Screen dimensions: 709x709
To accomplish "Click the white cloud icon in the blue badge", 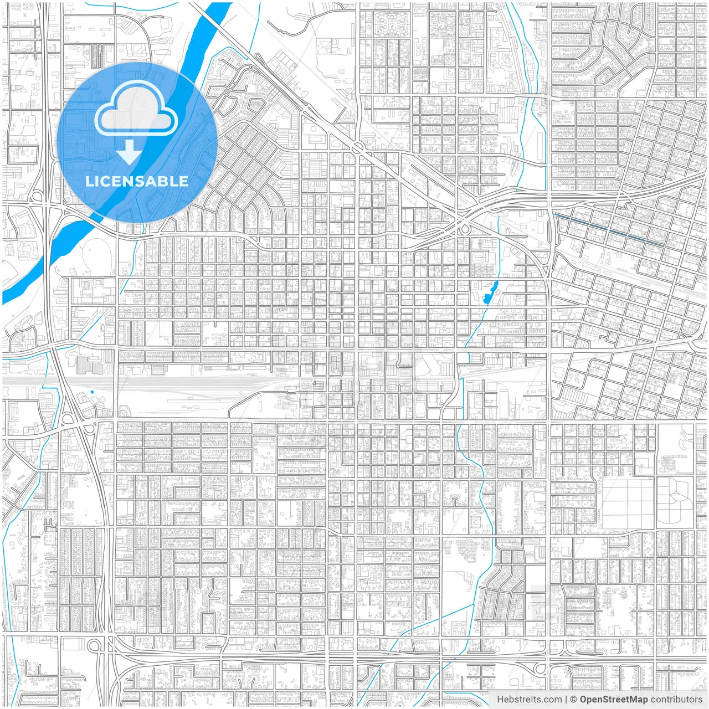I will pos(136,111).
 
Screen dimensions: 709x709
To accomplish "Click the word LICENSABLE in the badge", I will pos(137,181).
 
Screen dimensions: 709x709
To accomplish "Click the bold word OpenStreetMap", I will pos(614,700).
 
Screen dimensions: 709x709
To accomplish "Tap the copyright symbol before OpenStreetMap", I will pos(574,700).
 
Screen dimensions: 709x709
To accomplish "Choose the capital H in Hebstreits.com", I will pos(500,700).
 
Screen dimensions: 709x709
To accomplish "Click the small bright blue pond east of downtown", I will pos(490,293).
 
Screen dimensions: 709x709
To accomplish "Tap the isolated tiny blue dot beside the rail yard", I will pos(92,392).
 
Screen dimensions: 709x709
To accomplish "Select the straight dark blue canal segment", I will pos(609,229).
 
